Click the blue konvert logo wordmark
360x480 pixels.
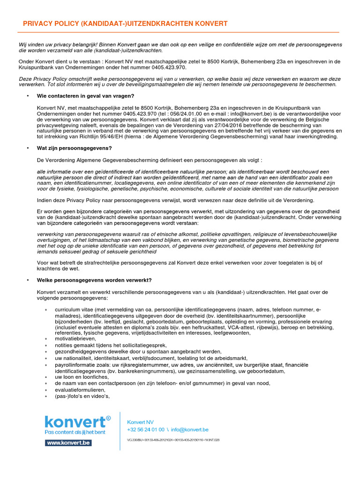[75, 421]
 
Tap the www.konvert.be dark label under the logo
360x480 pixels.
[68, 442]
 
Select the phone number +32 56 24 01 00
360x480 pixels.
[146, 429]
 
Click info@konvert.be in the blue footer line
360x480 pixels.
[190, 429]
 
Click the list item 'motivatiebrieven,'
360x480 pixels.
[75, 338]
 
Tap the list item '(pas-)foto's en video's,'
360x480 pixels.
[82, 396]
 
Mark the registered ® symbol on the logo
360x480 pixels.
[108, 418]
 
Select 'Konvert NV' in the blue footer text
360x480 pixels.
[140, 422]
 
